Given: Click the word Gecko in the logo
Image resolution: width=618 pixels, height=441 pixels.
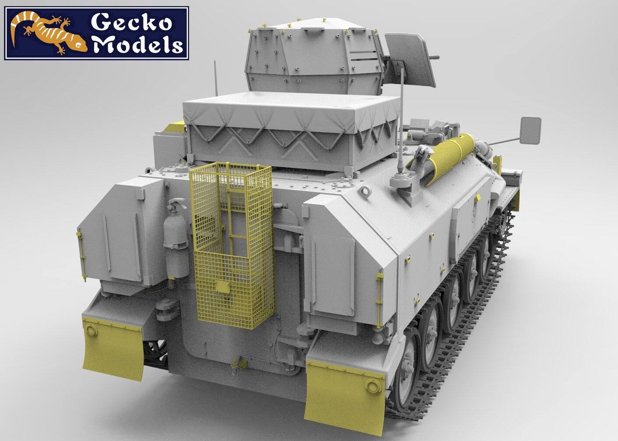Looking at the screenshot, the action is (131, 24).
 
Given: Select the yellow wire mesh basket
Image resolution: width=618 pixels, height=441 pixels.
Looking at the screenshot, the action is (232, 244).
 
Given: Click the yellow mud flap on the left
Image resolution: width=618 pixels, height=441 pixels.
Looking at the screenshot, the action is (113, 348).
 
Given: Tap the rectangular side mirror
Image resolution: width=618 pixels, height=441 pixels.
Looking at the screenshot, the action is (530, 130).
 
